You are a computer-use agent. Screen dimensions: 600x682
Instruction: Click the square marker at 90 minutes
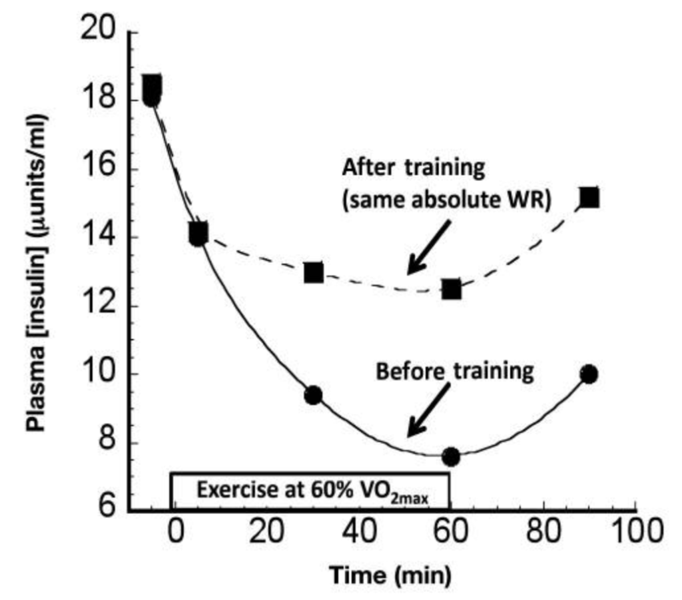click(x=589, y=198)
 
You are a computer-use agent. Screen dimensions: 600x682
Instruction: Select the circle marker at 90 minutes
click(x=588, y=374)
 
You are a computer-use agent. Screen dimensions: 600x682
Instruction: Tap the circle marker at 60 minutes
click(x=451, y=457)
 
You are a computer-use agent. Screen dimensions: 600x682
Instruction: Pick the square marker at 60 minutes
click(x=452, y=289)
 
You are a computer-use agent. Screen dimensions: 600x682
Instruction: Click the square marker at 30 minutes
click(x=314, y=272)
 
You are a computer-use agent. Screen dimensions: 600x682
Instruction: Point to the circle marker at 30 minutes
click(x=313, y=396)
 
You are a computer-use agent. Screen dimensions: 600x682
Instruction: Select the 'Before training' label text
click(x=455, y=371)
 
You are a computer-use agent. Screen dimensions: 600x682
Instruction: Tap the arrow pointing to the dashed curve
click(x=430, y=248)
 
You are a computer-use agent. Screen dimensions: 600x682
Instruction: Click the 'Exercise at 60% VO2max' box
click(x=310, y=490)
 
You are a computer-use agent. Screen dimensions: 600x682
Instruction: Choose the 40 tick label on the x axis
click(x=359, y=533)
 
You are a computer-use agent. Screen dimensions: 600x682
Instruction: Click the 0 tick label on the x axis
click(x=174, y=533)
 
